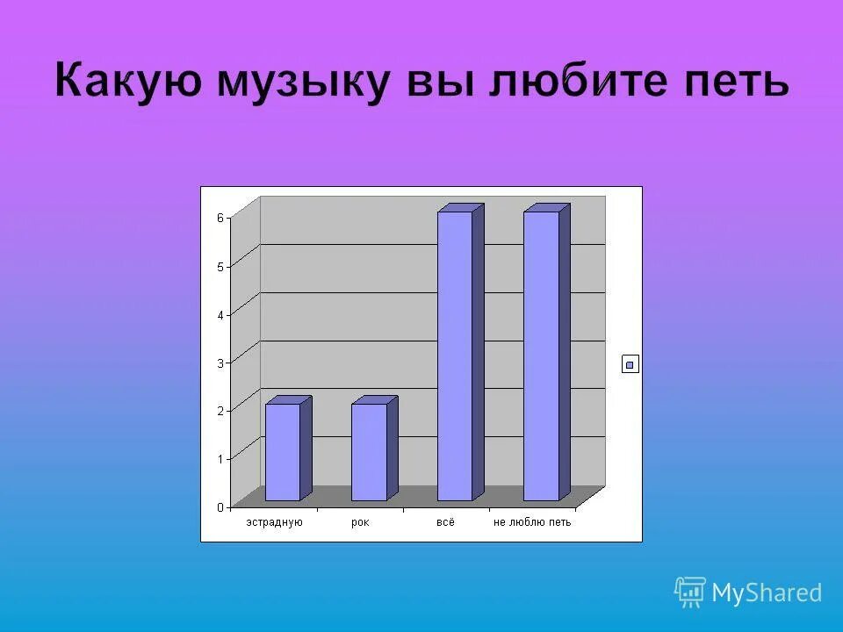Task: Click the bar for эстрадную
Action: pos(283,452)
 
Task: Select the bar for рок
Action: pos(369,452)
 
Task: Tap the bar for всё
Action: pos(455,355)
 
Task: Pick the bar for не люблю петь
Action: pos(541,355)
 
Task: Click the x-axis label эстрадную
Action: pos(274,522)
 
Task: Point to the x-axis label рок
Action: pos(360,522)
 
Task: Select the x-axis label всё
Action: pos(446,522)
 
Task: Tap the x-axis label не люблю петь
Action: pos(532,522)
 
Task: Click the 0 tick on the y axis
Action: pos(220,506)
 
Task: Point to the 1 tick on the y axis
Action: pos(220,458)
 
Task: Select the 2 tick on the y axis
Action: pos(220,410)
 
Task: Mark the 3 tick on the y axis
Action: pos(220,362)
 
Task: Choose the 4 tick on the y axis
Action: pos(220,313)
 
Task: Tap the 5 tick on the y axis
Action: pos(220,266)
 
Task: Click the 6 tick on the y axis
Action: pos(220,218)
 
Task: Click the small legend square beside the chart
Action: pos(630,364)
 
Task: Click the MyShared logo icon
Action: pos(690,592)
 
